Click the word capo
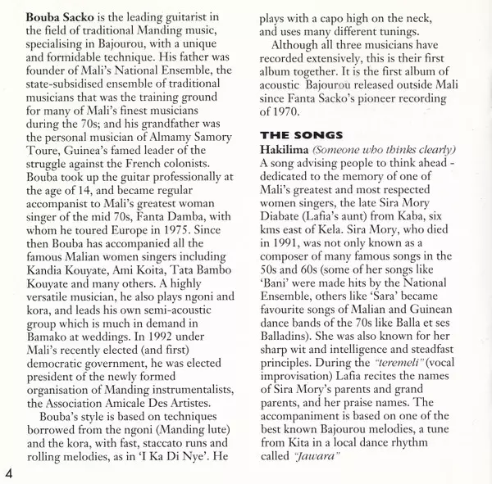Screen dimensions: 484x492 [332, 16]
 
